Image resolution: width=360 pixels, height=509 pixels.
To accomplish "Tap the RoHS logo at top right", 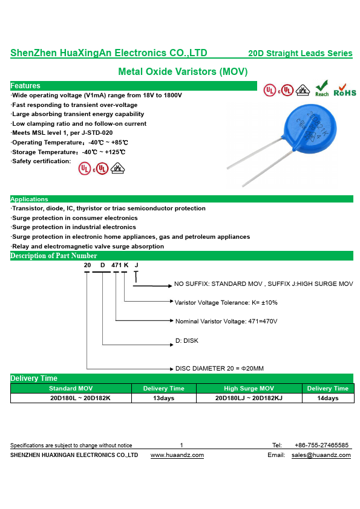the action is point(345,90).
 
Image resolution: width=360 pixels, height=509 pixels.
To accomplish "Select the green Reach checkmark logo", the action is point(322,88).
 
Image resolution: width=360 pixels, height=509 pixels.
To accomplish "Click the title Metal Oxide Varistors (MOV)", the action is point(183,71).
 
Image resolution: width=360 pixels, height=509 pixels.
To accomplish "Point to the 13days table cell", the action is point(164,398).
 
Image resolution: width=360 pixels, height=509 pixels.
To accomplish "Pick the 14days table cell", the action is point(328,398).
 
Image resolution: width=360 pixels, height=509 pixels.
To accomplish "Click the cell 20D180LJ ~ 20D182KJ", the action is point(249,398).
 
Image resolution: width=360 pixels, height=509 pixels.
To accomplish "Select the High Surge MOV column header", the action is point(249,388).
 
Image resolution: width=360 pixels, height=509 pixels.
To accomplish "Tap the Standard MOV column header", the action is point(71,388).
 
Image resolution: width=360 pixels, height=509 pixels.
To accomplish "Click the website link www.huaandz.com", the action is point(177,455).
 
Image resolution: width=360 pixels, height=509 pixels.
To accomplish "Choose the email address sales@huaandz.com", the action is point(321,455).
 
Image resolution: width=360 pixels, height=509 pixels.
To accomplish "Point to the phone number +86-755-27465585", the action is point(321,445).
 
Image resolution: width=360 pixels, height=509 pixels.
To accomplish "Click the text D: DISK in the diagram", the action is point(187,340).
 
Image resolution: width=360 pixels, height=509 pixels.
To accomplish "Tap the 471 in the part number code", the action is point(116,265).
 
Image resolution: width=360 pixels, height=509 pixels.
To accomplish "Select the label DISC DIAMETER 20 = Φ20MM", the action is point(219,368).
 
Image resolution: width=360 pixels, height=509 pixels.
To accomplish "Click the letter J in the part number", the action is point(137,265).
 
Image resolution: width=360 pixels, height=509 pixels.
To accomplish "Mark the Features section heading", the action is point(25,86).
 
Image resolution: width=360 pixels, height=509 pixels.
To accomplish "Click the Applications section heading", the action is point(29,199).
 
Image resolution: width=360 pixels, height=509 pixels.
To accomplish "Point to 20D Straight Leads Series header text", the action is point(300,53).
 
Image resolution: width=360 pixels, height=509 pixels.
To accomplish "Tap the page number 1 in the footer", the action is point(182,445).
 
